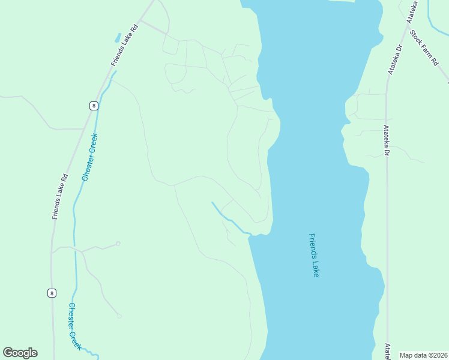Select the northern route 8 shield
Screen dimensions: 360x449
[94, 106]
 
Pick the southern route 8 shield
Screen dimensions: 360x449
[52, 293]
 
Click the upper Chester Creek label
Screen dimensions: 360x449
[89, 157]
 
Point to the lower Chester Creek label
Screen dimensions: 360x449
[74, 326]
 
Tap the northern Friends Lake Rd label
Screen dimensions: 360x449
[125, 46]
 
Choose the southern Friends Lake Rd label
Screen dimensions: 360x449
[60, 197]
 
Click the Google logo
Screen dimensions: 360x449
[20, 353]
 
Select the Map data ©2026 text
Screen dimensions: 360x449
[423, 355]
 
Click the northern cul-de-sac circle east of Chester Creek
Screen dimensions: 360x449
[118, 243]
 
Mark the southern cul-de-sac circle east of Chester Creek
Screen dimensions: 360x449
[119, 316]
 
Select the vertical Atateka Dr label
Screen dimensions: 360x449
[387, 140]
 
